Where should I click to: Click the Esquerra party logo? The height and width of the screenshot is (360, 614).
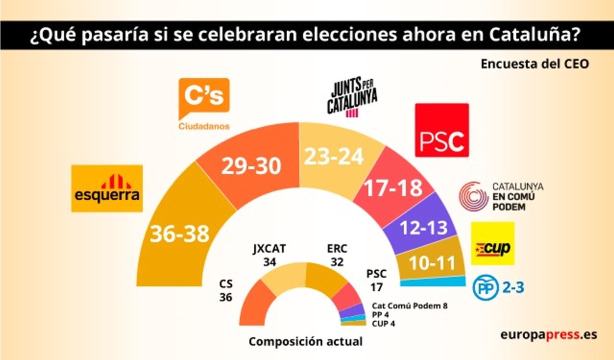[107, 188]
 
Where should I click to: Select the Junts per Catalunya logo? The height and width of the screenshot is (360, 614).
[352, 98]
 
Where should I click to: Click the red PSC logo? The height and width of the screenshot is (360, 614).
[442, 130]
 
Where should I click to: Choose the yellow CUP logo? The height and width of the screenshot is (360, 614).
[492, 243]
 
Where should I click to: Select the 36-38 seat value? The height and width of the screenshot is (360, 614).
[179, 233]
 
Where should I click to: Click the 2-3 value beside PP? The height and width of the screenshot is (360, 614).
[509, 287]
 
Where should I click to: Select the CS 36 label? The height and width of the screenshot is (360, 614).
[226, 290]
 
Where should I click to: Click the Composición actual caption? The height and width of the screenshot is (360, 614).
[305, 342]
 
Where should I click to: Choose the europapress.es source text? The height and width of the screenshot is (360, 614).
[548, 334]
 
